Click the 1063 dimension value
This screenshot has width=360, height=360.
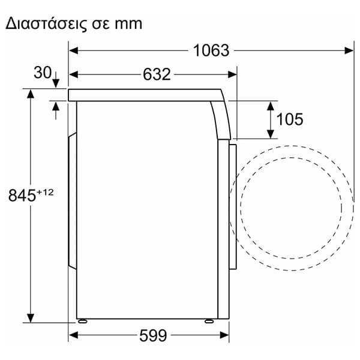pos(211,50)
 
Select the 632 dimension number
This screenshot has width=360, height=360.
pos(157,74)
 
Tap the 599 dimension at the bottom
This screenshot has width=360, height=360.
pos(153,335)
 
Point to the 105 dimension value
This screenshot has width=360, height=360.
pos(290,119)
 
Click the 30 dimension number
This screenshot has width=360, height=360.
pos(43,73)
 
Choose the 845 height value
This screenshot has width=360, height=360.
pos(22,196)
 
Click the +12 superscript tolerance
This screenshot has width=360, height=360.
pos(45,192)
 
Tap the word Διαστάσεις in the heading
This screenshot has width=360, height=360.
pos(46,24)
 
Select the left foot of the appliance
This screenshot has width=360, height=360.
pos(82,321)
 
